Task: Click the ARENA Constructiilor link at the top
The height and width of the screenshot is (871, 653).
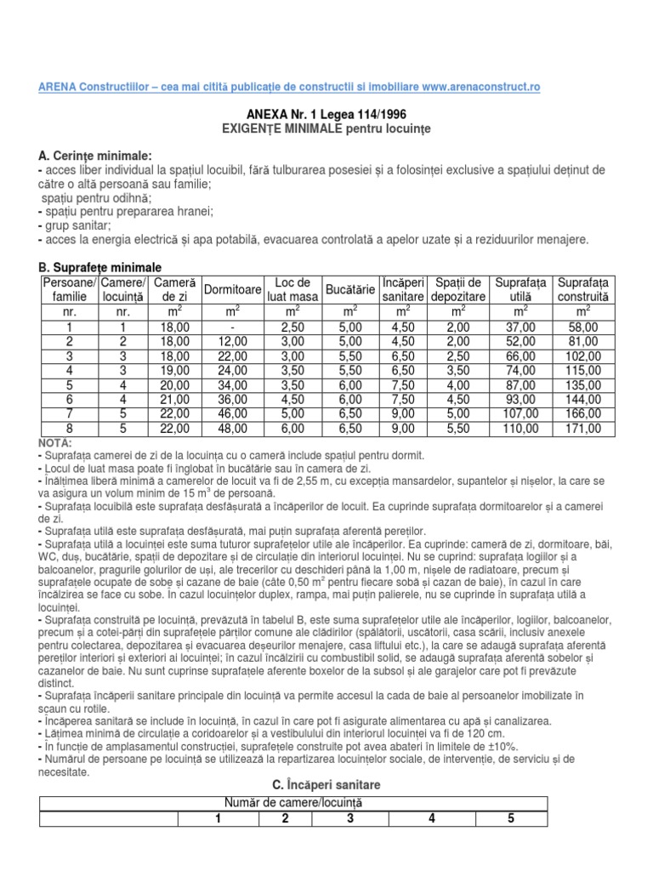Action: pyautogui.click(x=289, y=88)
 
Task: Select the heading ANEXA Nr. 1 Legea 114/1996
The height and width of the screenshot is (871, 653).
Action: pyautogui.click(x=326, y=114)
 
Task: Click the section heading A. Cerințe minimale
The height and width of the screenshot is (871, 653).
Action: pyautogui.click(x=95, y=156)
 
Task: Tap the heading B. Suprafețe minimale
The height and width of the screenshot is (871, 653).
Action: pyautogui.click(x=100, y=267)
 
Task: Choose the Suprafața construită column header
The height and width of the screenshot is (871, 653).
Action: pyautogui.click(x=582, y=289)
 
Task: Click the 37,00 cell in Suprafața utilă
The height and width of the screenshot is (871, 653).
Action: pyautogui.click(x=521, y=327)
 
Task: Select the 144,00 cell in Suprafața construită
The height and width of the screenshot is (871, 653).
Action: pyautogui.click(x=582, y=401)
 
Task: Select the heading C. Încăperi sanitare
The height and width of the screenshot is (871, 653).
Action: pyautogui.click(x=326, y=783)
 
